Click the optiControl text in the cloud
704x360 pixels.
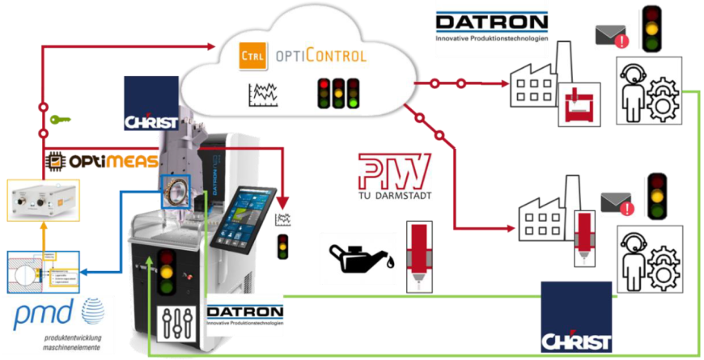point(321,56)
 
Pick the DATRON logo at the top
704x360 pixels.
point(491,27)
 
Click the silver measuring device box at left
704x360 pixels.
point(45,199)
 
